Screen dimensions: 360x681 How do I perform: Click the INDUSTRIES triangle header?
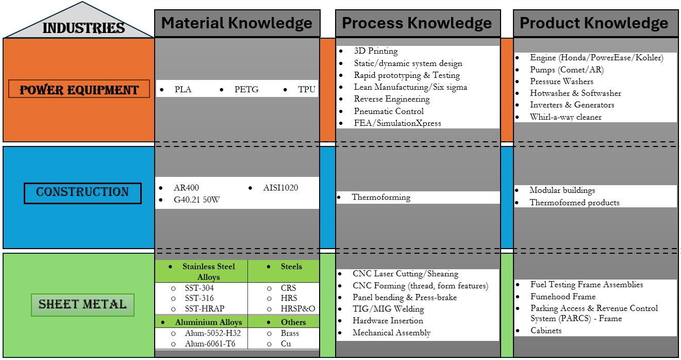(83, 27)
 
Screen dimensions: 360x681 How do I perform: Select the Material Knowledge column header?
(237, 23)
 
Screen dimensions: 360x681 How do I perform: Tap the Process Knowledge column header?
(417, 23)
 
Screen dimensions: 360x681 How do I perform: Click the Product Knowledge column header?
(594, 23)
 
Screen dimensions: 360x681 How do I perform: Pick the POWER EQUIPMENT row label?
(79, 90)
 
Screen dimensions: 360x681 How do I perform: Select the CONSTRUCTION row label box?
(82, 192)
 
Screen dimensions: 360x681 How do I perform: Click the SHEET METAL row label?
(82, 304)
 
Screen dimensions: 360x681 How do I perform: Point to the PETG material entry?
(246, 90)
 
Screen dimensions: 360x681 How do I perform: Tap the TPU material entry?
(306, 90)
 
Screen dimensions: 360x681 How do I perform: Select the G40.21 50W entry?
(197, 200)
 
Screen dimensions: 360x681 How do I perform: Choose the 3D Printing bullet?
(376, 51)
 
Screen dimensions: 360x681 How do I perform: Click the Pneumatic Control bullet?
(389, 111)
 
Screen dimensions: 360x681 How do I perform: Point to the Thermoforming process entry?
(381, 197)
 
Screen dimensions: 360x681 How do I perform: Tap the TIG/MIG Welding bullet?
(388, 309)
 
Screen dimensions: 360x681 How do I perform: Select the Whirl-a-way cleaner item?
(566, 117)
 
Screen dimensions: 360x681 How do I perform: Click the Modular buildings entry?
(562, 190)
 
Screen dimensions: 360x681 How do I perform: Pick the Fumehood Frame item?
(562, 297)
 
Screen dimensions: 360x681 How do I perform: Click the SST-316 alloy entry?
(199, 298)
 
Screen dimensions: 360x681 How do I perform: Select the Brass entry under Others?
(290, 333)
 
